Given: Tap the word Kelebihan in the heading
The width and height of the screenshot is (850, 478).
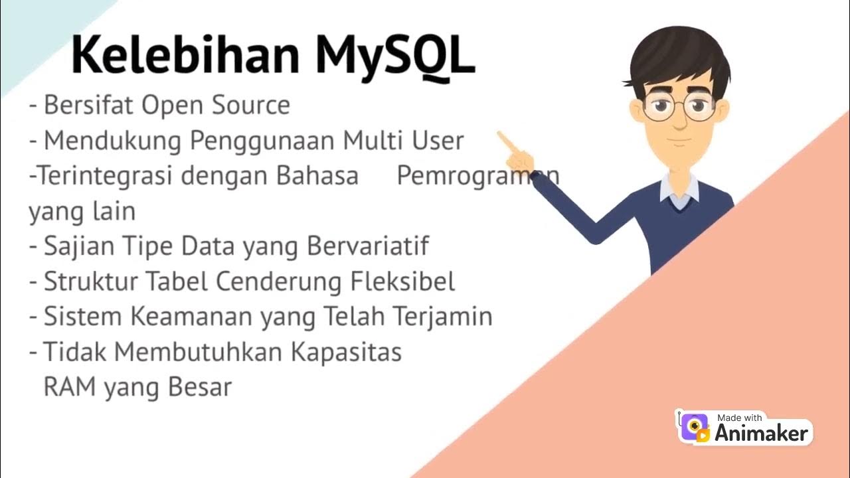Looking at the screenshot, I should click(x=185, y=56).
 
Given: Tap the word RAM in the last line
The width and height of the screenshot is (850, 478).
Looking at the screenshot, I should click(x=68, y=387).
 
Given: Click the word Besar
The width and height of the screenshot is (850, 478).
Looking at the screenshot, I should click(x=200, y=387).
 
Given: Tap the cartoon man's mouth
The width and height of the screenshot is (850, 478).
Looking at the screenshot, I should click(x=678, y=141).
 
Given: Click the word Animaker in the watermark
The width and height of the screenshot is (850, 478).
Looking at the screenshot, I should click(x=762, y=434).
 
